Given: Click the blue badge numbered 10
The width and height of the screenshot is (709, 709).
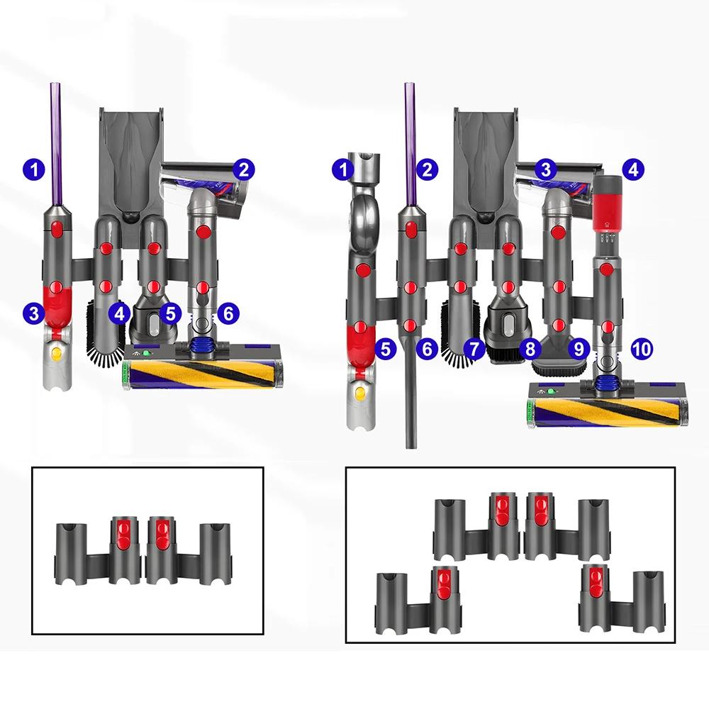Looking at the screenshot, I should (x=641, y=348).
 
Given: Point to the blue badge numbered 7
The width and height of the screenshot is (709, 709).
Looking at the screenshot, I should (x=475, y=348).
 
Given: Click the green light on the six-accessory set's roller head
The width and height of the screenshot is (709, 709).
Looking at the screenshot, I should (x=147, y=352).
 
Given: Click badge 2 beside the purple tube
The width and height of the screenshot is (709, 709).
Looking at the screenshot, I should (x=427, y=169).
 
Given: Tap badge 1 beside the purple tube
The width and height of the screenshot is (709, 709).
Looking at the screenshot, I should (x=33, y=169).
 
